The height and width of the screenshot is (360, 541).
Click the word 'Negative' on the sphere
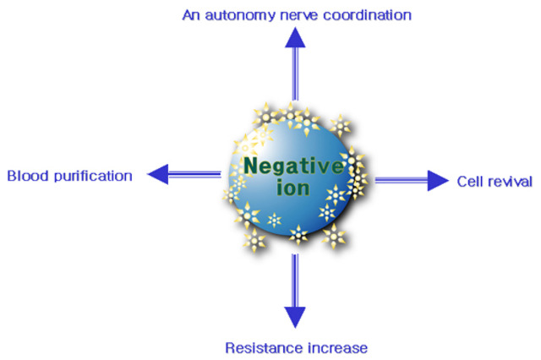click(x=293, y=166)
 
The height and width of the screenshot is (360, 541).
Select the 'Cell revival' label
click(x=495, y=181)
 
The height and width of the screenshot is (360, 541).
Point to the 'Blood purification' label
click(x=69, y=176)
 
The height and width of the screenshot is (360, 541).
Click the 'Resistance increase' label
click(x=296, y=347)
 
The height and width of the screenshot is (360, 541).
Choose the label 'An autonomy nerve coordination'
click(x=297, y=14)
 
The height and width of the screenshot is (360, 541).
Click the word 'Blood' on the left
click(x=25, y=176)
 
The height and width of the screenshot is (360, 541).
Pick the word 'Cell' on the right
click(x=468, y=181)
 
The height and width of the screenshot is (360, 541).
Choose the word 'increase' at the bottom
click(x=337, y=347)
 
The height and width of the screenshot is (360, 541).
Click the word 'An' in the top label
click(x=191, y=14)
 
